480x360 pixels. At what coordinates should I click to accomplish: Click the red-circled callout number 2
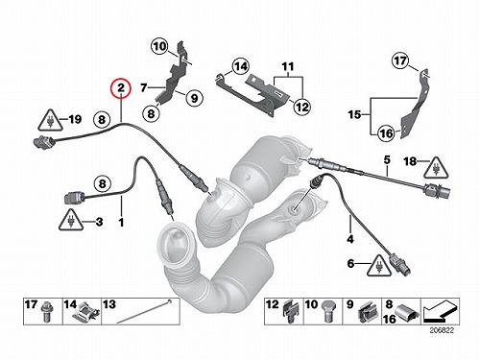click(x=121, y=87)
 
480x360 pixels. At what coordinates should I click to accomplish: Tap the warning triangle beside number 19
click(x=50, y=120)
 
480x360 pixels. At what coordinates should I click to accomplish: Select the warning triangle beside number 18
click(x=436, y=168)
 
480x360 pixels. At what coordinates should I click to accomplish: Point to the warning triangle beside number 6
click(x=379, y=266)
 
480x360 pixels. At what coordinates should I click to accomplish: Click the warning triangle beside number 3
click(x=71, y=220)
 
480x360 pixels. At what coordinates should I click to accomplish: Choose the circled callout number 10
click(x=159, y=47)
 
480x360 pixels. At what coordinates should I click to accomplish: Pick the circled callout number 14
click(x=240, y=67)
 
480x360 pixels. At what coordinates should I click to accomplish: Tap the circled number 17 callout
click(x=400, y=60)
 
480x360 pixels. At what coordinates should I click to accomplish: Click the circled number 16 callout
click(x=386, y=133)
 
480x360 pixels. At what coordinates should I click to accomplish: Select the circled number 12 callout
click(x=302, y=107)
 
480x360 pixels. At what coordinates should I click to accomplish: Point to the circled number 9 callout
click(x=194, y=98)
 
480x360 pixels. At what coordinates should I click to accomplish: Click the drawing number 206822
click(x=442, y=330)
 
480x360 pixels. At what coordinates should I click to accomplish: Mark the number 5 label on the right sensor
click(x=387, y=159)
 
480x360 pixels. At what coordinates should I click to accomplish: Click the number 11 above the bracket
click(x=288, y=67)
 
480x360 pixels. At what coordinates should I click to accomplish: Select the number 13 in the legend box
click(x=109, y=304)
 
